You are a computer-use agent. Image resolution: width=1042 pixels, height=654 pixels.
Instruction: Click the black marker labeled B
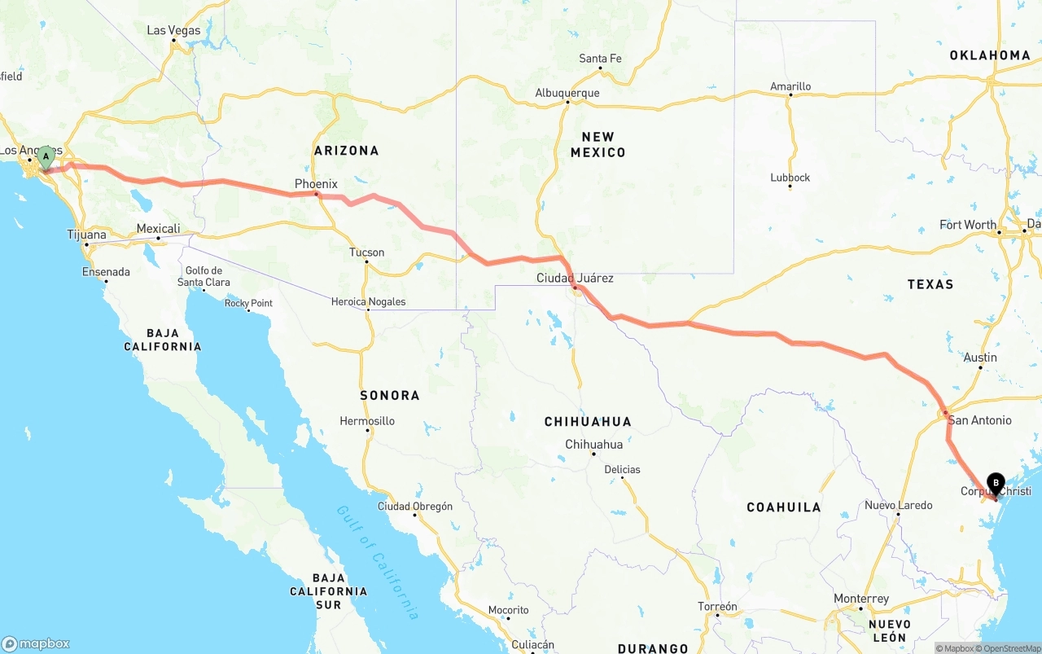click(996, 483)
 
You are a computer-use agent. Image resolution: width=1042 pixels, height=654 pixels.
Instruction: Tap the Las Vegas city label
click(173, 30)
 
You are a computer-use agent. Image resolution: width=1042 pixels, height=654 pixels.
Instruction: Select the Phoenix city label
click(316, 184)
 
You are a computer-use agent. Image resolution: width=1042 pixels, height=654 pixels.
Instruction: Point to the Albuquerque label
click(567, 93)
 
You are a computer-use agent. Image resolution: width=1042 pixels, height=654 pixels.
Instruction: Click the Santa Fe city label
click(600, 59)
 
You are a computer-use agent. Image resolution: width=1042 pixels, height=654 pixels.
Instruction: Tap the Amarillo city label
click(790, 86)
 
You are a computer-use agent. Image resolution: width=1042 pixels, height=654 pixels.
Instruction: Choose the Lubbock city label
click(790, 178)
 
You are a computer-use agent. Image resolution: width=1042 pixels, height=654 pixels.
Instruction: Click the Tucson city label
click(366, 252)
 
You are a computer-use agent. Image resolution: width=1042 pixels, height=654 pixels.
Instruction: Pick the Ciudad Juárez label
click(575, 279)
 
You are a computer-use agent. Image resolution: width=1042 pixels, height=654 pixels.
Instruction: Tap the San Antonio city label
click(979, 420)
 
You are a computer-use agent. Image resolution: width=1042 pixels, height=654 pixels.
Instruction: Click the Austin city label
click(980, 358)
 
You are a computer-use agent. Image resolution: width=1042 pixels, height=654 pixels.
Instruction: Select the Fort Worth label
click(967, 225)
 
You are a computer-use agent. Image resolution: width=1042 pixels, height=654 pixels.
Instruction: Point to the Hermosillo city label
click(367, 421)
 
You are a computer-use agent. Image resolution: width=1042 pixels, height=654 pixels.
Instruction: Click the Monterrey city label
click(861, 599)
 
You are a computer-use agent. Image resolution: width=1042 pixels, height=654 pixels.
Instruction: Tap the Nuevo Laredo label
click(898, 506)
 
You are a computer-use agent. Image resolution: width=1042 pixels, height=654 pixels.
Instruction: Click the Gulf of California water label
click(378, 562)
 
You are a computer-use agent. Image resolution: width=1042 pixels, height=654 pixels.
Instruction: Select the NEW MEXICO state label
click(598, 145)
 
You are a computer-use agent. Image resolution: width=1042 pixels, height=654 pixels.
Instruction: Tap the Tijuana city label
click(86, 235)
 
